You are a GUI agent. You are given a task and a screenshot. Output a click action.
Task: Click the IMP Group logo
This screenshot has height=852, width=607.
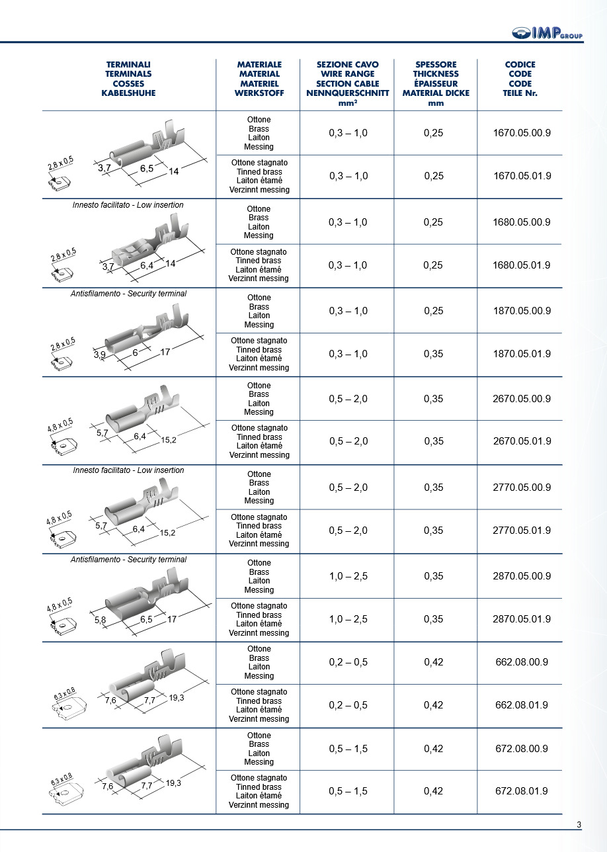pos(547,33)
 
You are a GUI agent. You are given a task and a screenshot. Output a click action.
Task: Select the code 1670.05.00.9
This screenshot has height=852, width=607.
pos(522,133)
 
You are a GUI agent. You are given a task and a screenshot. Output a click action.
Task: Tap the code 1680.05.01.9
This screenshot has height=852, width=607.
pos(522,265)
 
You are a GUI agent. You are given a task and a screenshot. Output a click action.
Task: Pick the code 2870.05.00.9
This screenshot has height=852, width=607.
pos(522,576)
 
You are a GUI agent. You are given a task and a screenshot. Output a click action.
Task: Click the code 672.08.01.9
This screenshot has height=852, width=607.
pos(522,791)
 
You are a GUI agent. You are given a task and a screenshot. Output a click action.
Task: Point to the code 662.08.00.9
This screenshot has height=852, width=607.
pos(522,662)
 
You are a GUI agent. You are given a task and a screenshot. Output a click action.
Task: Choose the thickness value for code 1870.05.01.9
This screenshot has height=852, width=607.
pos(434,355)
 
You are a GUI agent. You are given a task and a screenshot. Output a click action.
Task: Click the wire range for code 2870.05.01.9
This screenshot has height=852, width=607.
pos(348,619)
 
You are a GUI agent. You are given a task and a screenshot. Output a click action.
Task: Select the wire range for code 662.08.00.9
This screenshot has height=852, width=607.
pos(348,662)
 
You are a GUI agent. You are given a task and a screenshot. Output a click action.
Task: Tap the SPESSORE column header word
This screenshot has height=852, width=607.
pos(436,65)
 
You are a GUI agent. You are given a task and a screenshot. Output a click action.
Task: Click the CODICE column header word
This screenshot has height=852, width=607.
pos(520,65)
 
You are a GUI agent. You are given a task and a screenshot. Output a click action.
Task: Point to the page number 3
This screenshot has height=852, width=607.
pos(579,824)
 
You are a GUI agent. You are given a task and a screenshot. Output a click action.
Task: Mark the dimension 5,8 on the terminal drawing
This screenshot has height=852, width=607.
pos(101,620)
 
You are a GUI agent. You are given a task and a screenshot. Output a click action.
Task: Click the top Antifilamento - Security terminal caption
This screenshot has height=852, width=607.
pos(128,293)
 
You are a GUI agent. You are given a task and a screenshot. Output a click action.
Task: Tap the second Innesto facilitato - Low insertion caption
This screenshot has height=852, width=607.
pos(128,470)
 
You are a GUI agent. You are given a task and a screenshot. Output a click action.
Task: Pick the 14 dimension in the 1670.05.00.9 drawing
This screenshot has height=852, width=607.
pos(174,171)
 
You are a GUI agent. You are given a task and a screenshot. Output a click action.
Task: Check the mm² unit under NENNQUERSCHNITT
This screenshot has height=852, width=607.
pos(348,103)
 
